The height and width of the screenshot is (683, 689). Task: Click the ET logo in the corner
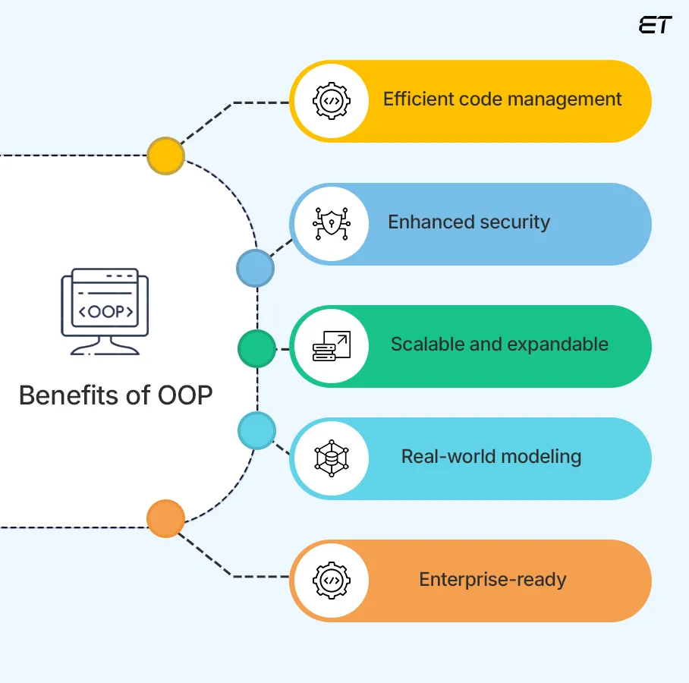(655, 24)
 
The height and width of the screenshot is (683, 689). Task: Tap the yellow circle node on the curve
(165, 156)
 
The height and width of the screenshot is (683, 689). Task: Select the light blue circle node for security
(255, 268)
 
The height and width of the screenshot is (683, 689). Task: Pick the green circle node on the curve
(256, 349)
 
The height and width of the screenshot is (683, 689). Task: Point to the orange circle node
(165, 519)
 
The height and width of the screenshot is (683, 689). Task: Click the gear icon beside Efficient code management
(331, 101)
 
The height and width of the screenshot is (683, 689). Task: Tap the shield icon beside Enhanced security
(331, 224)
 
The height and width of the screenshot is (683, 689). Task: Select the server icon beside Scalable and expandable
(331, 346)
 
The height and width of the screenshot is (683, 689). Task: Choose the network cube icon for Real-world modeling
(331, 458)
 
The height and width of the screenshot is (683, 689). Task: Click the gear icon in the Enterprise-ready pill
(331, 581)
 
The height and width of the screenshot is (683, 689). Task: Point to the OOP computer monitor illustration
(105, 311)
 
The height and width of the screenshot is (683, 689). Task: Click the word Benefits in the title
(68, 395)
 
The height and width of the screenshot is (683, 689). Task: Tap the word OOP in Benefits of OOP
(184, 395)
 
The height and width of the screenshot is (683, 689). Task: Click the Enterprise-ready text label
(492, 580)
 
